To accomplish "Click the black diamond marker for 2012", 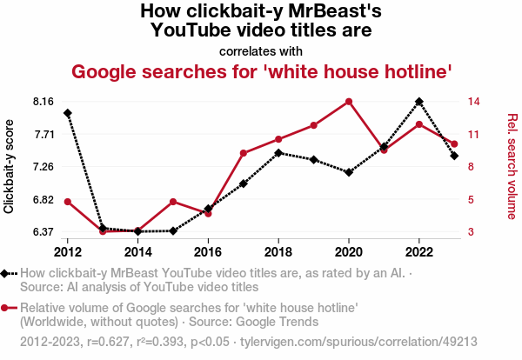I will (x=68, y=113).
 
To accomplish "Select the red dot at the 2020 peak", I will (x=349, y=102).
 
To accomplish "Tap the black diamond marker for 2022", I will (x=419, y=101).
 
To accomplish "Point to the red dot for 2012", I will (x=68, y=202).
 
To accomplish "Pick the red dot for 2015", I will (x=173, y=202).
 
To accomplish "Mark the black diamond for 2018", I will (x=278, y=153).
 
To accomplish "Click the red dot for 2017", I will (x=244, y=154).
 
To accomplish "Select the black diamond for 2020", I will (x=349, y=172).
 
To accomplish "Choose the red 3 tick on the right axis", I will (x=470, y=232).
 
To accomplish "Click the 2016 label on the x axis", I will (x=208, y=252).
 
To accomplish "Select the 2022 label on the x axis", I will (x=419, y=252).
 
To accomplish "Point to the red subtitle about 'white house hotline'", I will (x=261, y=71).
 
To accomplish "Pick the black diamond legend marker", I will (x=6, y=273).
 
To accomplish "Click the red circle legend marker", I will (x=6, y=308).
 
